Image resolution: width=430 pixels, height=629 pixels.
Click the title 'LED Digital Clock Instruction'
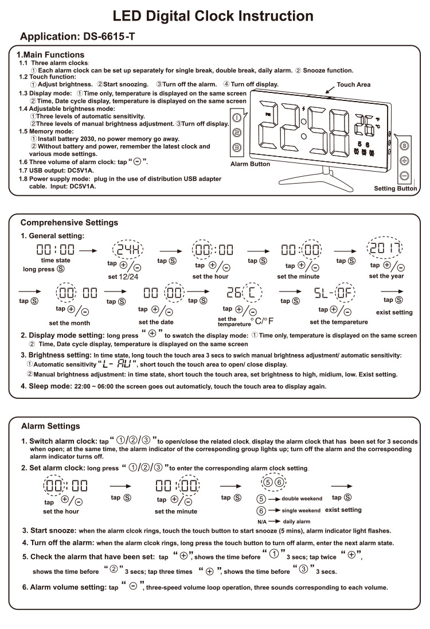tap(213, 15)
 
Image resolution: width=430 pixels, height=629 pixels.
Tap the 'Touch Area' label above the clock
tap(353, 84)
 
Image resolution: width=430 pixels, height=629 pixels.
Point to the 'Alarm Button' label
tap(250, 164)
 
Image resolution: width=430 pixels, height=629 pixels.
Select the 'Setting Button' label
tap(395, 188)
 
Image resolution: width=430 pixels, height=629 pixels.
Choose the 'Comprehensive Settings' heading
tap(69, 222)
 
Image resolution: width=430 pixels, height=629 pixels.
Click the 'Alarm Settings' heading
tap(50, 426)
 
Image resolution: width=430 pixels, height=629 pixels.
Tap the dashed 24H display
tap(128, 250)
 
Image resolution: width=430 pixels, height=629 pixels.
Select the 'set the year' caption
tap(386, 276)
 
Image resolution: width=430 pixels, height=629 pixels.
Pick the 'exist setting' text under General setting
tap(394, 313)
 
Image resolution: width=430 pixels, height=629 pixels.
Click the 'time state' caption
tap(56, 261)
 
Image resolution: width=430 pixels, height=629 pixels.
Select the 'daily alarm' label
tap(296, 521)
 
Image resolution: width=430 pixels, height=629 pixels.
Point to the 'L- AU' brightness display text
tap(119, 364)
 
